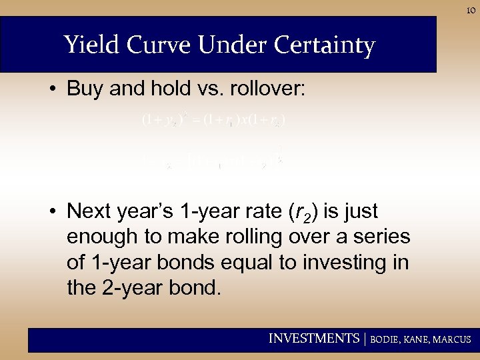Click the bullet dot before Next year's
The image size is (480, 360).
click(x=53, y=213)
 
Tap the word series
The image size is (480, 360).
click(x=381, y=237)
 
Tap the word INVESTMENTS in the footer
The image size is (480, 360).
click(x=313, y=339)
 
